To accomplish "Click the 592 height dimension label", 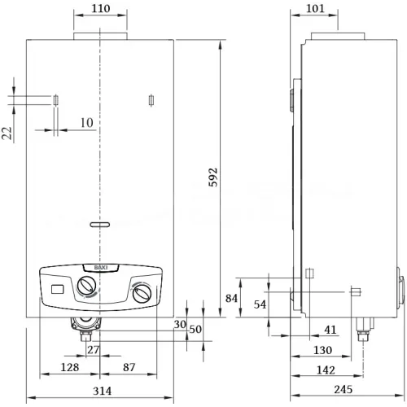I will [x=214, y=178].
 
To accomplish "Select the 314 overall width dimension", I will [x=101, y=392].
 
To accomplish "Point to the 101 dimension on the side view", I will [x=315, y=9].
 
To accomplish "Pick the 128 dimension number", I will [x=71, y=368].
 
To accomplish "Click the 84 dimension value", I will [x=231, y=299].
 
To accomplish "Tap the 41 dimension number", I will [x=331, y=330].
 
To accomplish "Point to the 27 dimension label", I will [x=93, y=350].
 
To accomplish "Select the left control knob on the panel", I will [x=86, y=288].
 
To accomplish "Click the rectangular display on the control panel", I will [x=56, y=288].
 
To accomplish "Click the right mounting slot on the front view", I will [x=152, y=101].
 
